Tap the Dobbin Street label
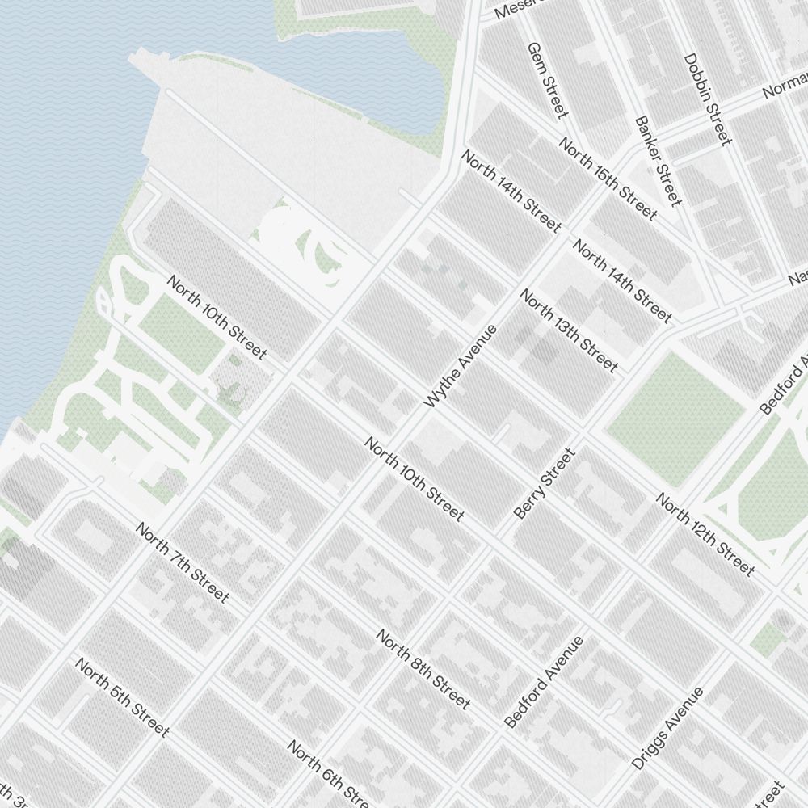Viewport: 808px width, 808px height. point(707,99)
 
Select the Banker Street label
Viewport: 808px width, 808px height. point(659,160)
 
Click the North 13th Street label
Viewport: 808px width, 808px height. point(568,330)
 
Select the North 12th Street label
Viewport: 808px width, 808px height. point(705,534)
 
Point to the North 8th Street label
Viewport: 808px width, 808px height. point(423,670)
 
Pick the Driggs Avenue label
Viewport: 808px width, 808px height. point(667,728)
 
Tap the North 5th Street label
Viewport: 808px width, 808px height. point(122,696)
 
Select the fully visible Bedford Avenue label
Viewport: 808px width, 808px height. point(543,681)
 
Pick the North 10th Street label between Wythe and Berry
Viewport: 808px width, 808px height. point(414,479)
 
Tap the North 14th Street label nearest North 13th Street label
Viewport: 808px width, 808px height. point(621,280)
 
